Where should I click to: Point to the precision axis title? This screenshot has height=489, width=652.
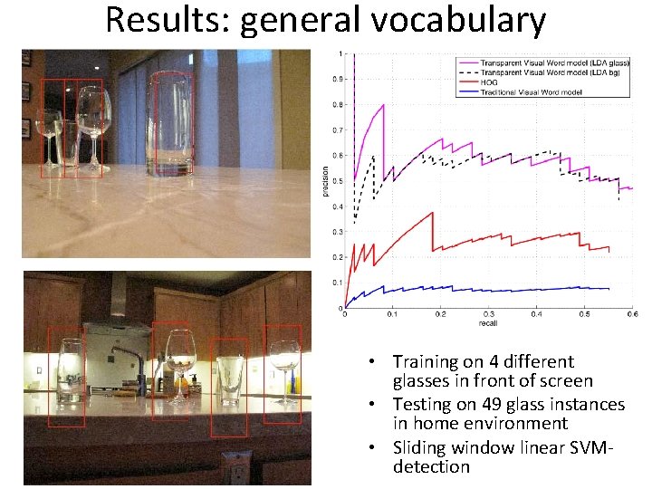326,179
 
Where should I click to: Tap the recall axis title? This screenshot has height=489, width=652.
487,324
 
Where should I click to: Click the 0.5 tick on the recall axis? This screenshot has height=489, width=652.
584,315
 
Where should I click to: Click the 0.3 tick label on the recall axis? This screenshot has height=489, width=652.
488,315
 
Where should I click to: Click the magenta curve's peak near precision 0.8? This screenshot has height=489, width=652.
383,105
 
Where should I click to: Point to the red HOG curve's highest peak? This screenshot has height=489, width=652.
433,212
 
